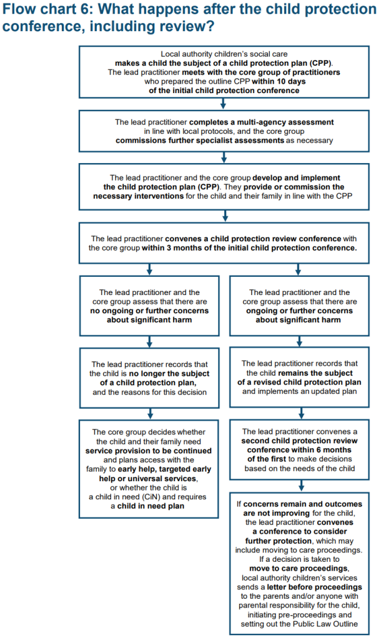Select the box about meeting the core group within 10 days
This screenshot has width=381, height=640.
(224, 72)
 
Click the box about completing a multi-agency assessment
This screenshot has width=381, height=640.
(224, 131)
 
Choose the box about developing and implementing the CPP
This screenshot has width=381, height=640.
(224, 186)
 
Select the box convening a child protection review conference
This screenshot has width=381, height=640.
(224, 243)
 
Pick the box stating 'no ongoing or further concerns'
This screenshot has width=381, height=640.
(149, 306)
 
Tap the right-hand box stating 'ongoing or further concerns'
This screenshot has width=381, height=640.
(299, 306)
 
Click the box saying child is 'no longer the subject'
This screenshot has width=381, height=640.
(149, 378)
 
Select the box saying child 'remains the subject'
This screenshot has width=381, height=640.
(299, 377)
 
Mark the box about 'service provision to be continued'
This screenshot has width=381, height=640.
(149, 469)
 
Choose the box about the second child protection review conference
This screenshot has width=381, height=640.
(299, 450)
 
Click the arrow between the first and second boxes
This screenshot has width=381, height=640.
(224, 104)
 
